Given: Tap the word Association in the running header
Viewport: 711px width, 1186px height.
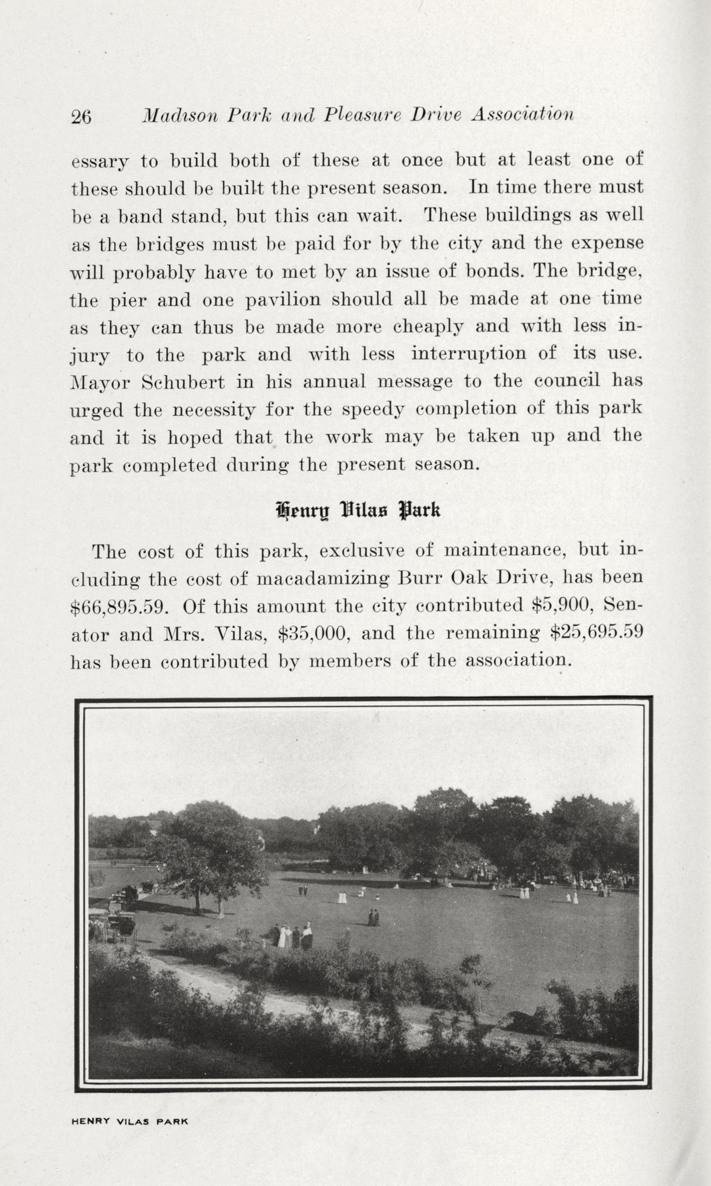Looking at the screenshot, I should [522, 115].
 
